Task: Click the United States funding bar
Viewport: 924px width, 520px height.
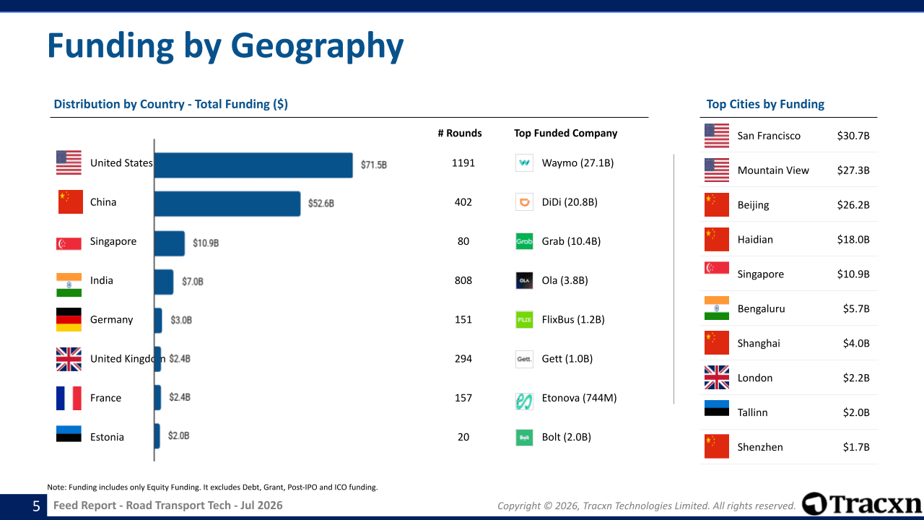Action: point(253,165)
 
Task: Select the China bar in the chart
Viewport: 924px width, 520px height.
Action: point(227,204)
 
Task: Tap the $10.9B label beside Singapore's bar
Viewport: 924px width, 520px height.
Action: point(206,243)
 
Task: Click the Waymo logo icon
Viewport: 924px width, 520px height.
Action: point(524,162)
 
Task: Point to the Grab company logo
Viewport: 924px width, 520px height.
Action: point(524,241)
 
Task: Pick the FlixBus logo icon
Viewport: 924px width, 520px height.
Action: point(524,319)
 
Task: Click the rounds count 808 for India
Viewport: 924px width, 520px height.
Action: point(463,281)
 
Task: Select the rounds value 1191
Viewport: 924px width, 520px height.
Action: point(463,163)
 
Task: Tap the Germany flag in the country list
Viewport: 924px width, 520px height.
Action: point(69,319)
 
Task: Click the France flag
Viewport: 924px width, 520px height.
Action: point(69,398)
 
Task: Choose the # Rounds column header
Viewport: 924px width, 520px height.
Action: point(460,134)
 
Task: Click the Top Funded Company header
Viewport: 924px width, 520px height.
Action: point(565,134)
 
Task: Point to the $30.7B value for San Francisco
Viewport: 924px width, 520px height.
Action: point(853,136)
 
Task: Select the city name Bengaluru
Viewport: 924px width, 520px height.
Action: point(761,308)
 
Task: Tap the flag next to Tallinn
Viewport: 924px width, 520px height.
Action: point(717,408)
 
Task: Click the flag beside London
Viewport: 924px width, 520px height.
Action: point(717,377)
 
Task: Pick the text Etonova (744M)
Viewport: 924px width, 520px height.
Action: point(579,398)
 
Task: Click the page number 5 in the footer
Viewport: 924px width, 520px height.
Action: point(36,506)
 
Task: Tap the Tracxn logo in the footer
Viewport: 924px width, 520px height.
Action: point(861,503)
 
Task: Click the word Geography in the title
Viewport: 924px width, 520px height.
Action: point(317,46)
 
